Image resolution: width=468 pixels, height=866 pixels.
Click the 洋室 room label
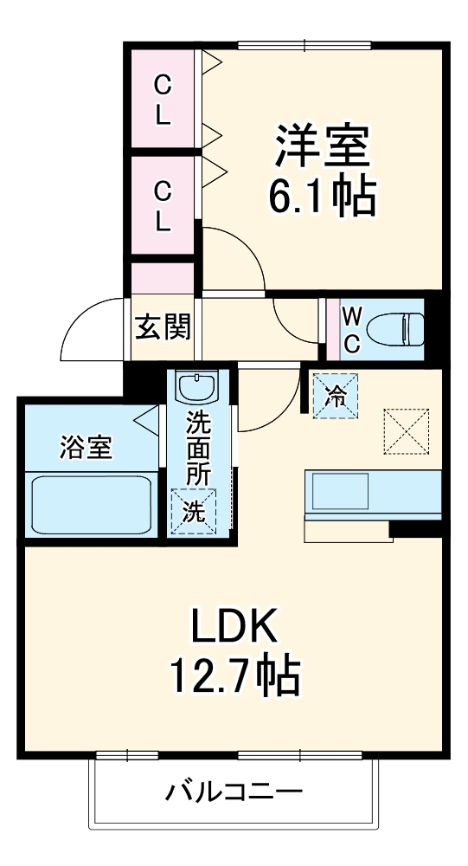324,148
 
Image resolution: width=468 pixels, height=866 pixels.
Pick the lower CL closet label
162,206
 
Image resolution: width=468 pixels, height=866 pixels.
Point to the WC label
352,329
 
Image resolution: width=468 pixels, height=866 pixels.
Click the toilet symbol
394,330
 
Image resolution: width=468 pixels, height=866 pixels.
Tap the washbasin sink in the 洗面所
200,387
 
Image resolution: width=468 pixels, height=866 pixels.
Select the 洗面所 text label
200,447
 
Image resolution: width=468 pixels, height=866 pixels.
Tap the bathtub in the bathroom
93,505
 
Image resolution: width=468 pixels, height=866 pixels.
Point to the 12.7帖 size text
233,676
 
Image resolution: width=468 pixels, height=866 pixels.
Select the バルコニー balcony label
234,792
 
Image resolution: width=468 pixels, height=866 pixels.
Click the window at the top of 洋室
304,46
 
